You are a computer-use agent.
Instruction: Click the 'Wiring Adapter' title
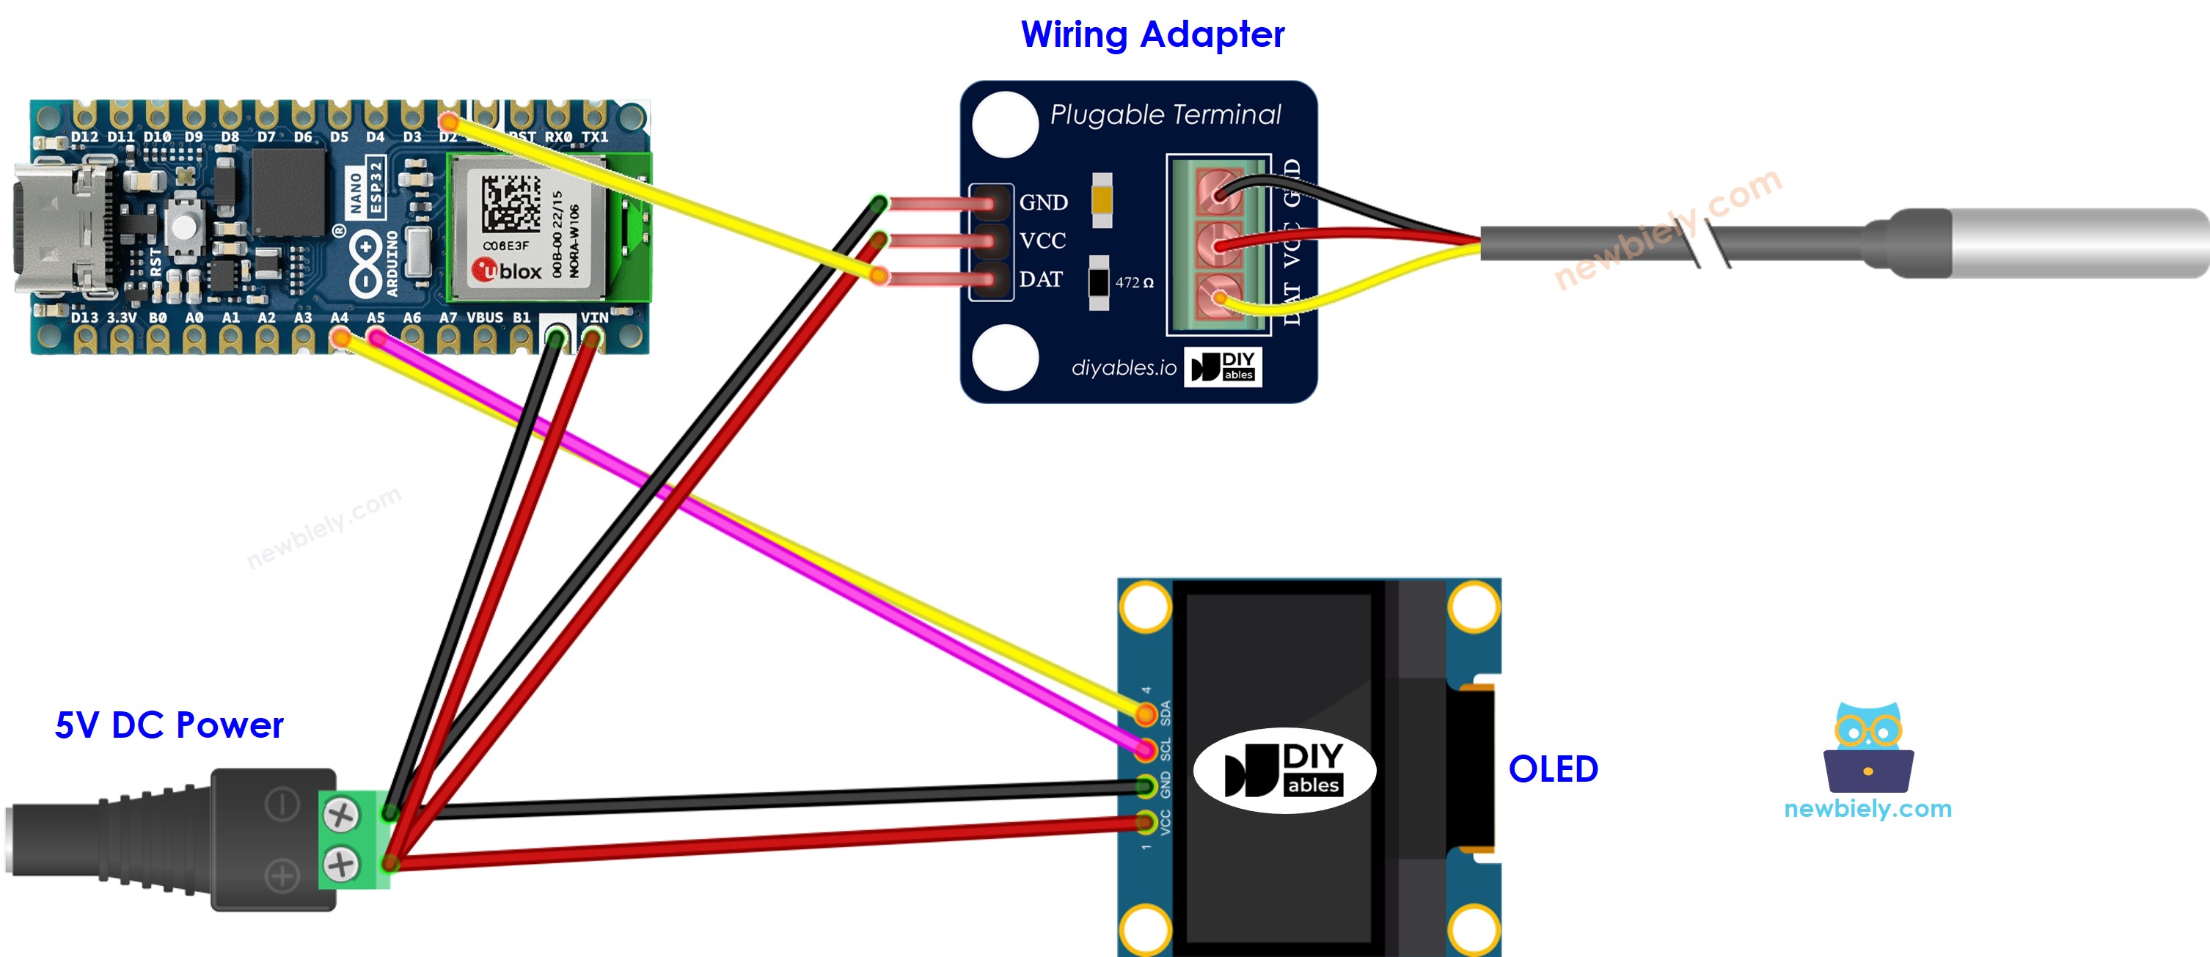click(1152, 35)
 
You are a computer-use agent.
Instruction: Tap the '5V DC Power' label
click(168, 725)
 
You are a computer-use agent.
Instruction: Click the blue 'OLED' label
click(1553, 769)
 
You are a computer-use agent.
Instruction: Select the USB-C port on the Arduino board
click(60, 227)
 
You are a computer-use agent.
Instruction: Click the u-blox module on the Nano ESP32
click(526, 227)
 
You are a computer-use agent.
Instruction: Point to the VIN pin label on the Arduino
click(593, 318)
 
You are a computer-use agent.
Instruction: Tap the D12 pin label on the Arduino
click(84, 137)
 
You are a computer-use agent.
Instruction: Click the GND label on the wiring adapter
click(1043, 202)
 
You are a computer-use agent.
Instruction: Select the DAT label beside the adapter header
click(1040, 279)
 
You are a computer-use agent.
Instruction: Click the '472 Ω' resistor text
click(1133, 282)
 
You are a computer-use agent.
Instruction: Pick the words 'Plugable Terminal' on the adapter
click(1164, 115)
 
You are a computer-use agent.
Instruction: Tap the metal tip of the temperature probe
click(2077, 243)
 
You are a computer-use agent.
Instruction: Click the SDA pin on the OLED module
click(1145, 714)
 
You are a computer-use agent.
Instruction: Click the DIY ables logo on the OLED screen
click(1284, 770)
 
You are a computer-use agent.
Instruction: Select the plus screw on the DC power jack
click(340, 864)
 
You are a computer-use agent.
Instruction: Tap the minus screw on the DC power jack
click(340, 814)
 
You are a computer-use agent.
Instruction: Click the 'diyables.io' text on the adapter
click(1123, 368)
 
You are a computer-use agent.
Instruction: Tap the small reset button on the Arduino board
click(183, 227)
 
